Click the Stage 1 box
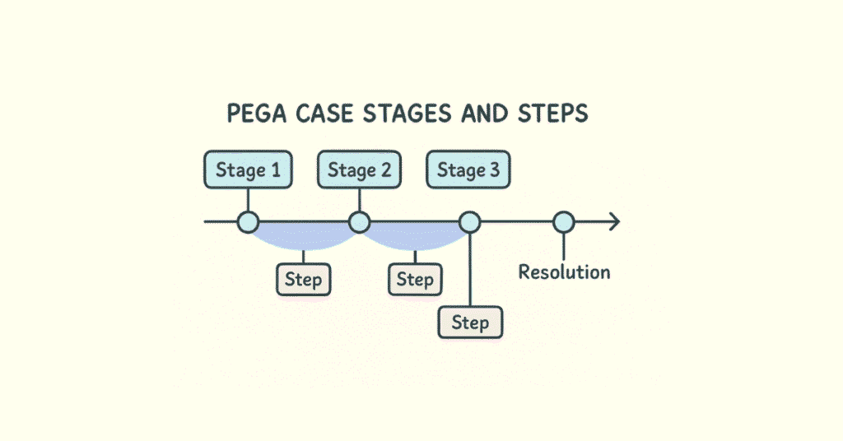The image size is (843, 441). pos(248,170)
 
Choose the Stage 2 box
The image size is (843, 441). pos(359,170)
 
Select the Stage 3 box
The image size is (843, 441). pos(468,170)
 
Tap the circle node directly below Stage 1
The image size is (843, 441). pos(248,221)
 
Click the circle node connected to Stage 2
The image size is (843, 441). pos(359,221)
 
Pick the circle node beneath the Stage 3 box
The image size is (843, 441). pos(469,221)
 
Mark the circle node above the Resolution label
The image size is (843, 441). pos(563,221)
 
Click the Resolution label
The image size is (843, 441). pos(564,272)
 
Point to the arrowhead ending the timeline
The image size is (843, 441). pos(612,221)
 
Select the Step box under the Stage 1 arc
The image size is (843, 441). pos(303,280)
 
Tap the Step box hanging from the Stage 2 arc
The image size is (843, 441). pos(414,280)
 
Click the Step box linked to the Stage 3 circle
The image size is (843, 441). pos(469,323)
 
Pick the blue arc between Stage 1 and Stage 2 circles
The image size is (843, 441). pos(303,239)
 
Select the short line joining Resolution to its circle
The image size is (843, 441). pos(563,245)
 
